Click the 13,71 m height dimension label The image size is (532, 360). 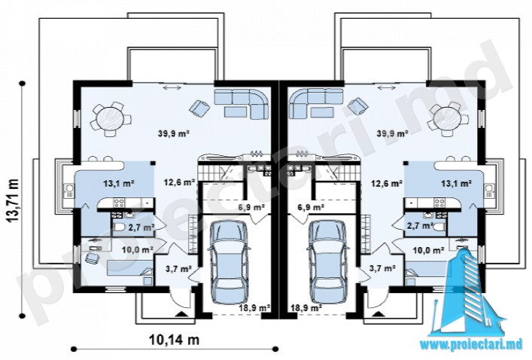coord(13,200)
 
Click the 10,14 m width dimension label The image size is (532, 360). coord(174,339)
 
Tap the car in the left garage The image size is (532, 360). coord(228,261)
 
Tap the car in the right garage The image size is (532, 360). coord(328,261)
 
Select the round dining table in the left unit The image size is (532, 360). coord(109,119)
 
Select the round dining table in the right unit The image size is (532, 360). coord(448,119)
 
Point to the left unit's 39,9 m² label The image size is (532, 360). coord(173,133)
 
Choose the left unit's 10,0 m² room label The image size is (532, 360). coord(137,250)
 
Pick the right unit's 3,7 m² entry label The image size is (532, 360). coord(383,269)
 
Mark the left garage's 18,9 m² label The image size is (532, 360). coord(254,308)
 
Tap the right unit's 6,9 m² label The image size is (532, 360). coord(311,206)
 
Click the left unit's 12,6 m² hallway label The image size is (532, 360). coord(180,182)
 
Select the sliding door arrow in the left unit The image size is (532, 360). coord(172,88)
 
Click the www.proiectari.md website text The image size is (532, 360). coord(473,345)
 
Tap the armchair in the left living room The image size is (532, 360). coord(200,107)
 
